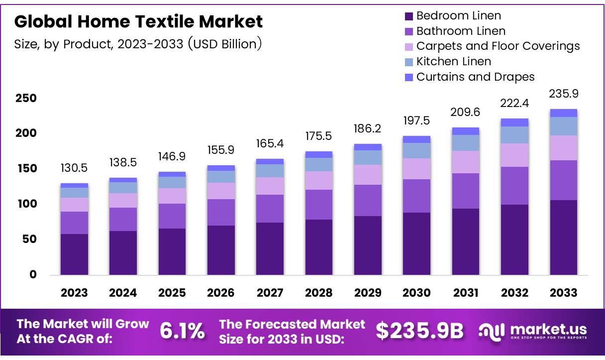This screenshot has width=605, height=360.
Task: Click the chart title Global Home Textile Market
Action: (x=138, y=21)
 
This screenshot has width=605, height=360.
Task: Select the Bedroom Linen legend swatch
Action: (x=409, y=16)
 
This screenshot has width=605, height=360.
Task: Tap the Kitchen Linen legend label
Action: (x=453, y=62)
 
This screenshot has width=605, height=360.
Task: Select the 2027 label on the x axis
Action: (x=270, y=293)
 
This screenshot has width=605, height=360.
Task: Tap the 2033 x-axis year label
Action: (x=564, y=293)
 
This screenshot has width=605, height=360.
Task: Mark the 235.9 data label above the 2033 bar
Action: (x=564, y=94)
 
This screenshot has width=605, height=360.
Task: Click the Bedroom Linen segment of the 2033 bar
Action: (x=564, y=237)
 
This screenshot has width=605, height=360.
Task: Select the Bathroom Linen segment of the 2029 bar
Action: (x=368, y=200)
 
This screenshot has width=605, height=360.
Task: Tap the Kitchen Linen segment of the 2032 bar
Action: (x=514, y=135)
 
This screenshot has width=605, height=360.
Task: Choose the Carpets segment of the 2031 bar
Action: (x=466, y=162)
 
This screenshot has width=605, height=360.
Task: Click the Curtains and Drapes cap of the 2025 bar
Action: (x=172, y=174)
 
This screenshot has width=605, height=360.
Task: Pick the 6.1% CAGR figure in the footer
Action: (x=182, y=331)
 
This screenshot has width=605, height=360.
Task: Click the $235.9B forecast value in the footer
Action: (x=419, y=331)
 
